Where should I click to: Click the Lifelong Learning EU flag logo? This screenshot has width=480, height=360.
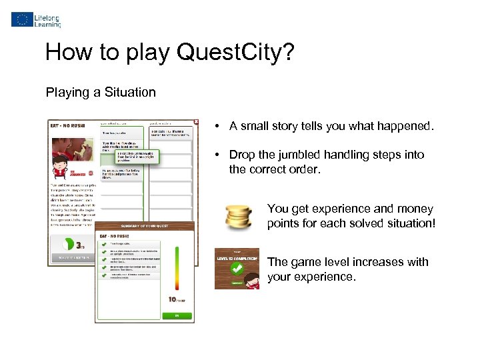pos(21,19)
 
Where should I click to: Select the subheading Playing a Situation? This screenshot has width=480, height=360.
pos(101,93)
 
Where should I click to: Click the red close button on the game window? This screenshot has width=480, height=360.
pos(195,122)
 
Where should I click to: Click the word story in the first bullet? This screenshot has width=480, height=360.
pos(285,127)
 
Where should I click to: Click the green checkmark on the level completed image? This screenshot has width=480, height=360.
pos(236,269)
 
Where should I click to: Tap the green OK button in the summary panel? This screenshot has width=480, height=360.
pos(177,315)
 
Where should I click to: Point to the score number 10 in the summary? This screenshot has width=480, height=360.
pos(172,300)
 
